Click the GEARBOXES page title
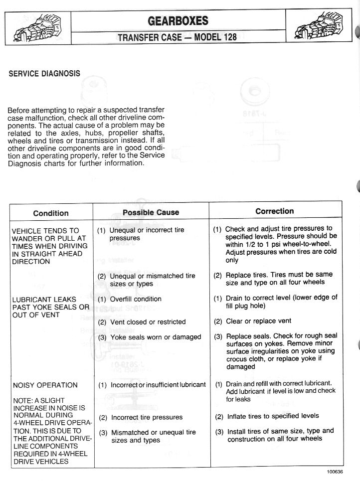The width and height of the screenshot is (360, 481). pyautogui.click(x=178, y=21)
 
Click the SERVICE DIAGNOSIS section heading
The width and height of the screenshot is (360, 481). pyautogui.click(x=44, y=73)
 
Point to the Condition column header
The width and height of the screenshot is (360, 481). pyautogui.click(x=51, y=213)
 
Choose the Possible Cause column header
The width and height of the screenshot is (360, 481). pyautogui.click(x=151, y=212)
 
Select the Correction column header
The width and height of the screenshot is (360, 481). pyautogui.click(x=275, y=211)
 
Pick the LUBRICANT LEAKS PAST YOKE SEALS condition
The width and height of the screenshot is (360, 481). pyautogui.click(x=51, y=307)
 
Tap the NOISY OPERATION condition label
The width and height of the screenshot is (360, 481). pyautogui.click(x=45, y=385)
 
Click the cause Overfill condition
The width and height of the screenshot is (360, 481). pyautogui.click(x=136, y=299)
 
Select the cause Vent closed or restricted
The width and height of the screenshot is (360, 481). pyautogui.click(x=148, y=322)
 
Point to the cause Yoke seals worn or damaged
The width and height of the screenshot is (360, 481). pyautogui.click(x=156, y=337)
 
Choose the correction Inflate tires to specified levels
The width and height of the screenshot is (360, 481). pyautogui.click(x=273, y=416)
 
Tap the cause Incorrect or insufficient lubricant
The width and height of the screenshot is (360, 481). pyautogui.click(x=158, y=385)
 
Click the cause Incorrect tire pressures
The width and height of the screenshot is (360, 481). pyautogui.click(x=147, y=417)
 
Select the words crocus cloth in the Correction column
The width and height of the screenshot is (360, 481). pyautogui.click(x=247, y=359)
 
